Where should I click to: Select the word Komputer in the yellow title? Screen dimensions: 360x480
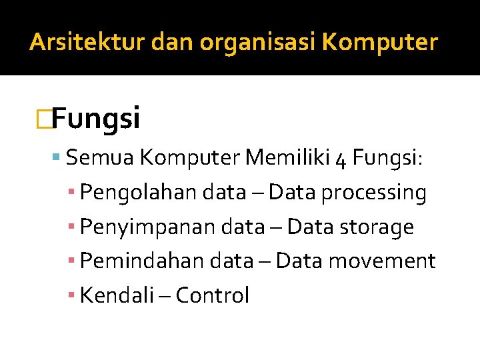coord(380,43)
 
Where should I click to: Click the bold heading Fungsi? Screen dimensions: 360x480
coord(95,119)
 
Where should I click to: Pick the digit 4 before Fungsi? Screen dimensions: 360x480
coord(341,159)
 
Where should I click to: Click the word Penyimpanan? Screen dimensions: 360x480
coord(139,227)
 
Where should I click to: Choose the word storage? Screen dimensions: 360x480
coord(377,227)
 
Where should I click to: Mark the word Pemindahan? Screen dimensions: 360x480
coord(138,261)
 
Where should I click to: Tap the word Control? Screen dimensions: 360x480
coord(213,295)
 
